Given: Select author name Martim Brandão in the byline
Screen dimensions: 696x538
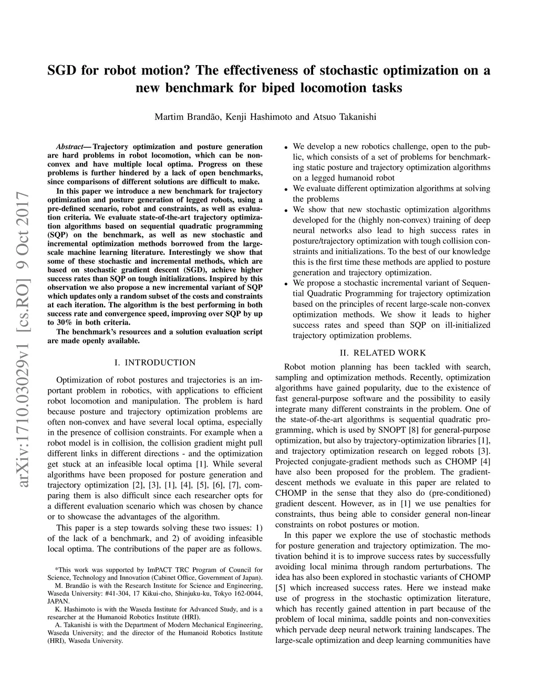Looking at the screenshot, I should (x=187, y=117).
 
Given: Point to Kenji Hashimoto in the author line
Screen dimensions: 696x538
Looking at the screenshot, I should (x=259, y=117).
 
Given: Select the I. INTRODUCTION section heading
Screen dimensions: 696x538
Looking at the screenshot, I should (x=154, y=362).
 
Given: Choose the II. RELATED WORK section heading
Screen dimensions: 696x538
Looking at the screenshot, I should (x=382, y=353).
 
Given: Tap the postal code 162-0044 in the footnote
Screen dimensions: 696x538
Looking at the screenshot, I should (x=247, y=593).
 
